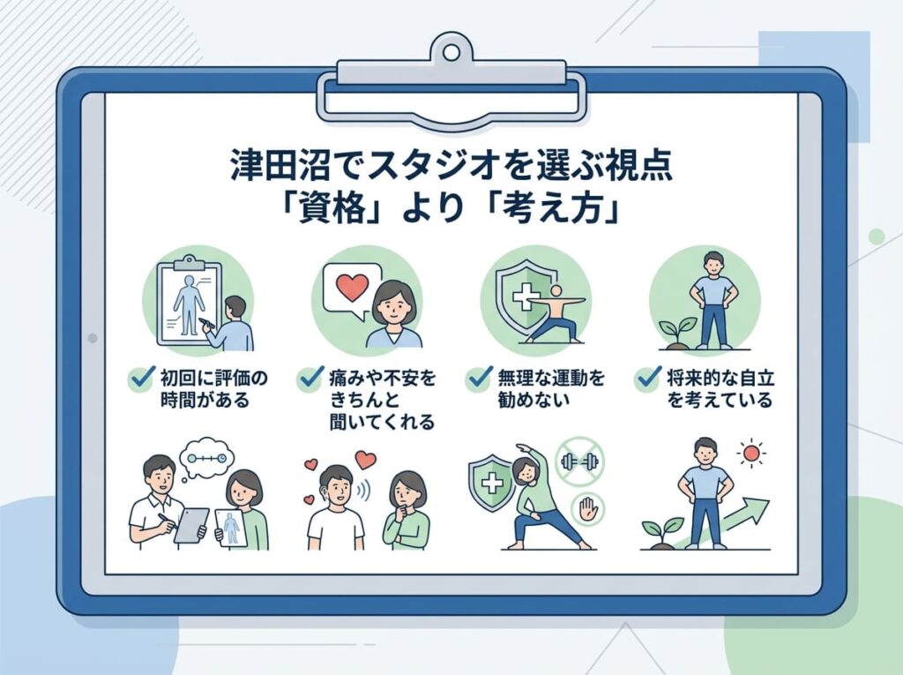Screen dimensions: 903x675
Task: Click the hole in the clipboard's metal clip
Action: click(451, 52)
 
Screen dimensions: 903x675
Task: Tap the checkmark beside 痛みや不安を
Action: click(311, 378)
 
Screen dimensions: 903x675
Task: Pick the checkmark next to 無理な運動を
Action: click(480, 378)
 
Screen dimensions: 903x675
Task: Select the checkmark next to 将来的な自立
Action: click(648, 378)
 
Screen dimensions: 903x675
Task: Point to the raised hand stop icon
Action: click(586, 510)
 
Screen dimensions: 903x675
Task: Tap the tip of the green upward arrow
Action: click(768, 500)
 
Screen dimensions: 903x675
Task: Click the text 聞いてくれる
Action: click(382, 422)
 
